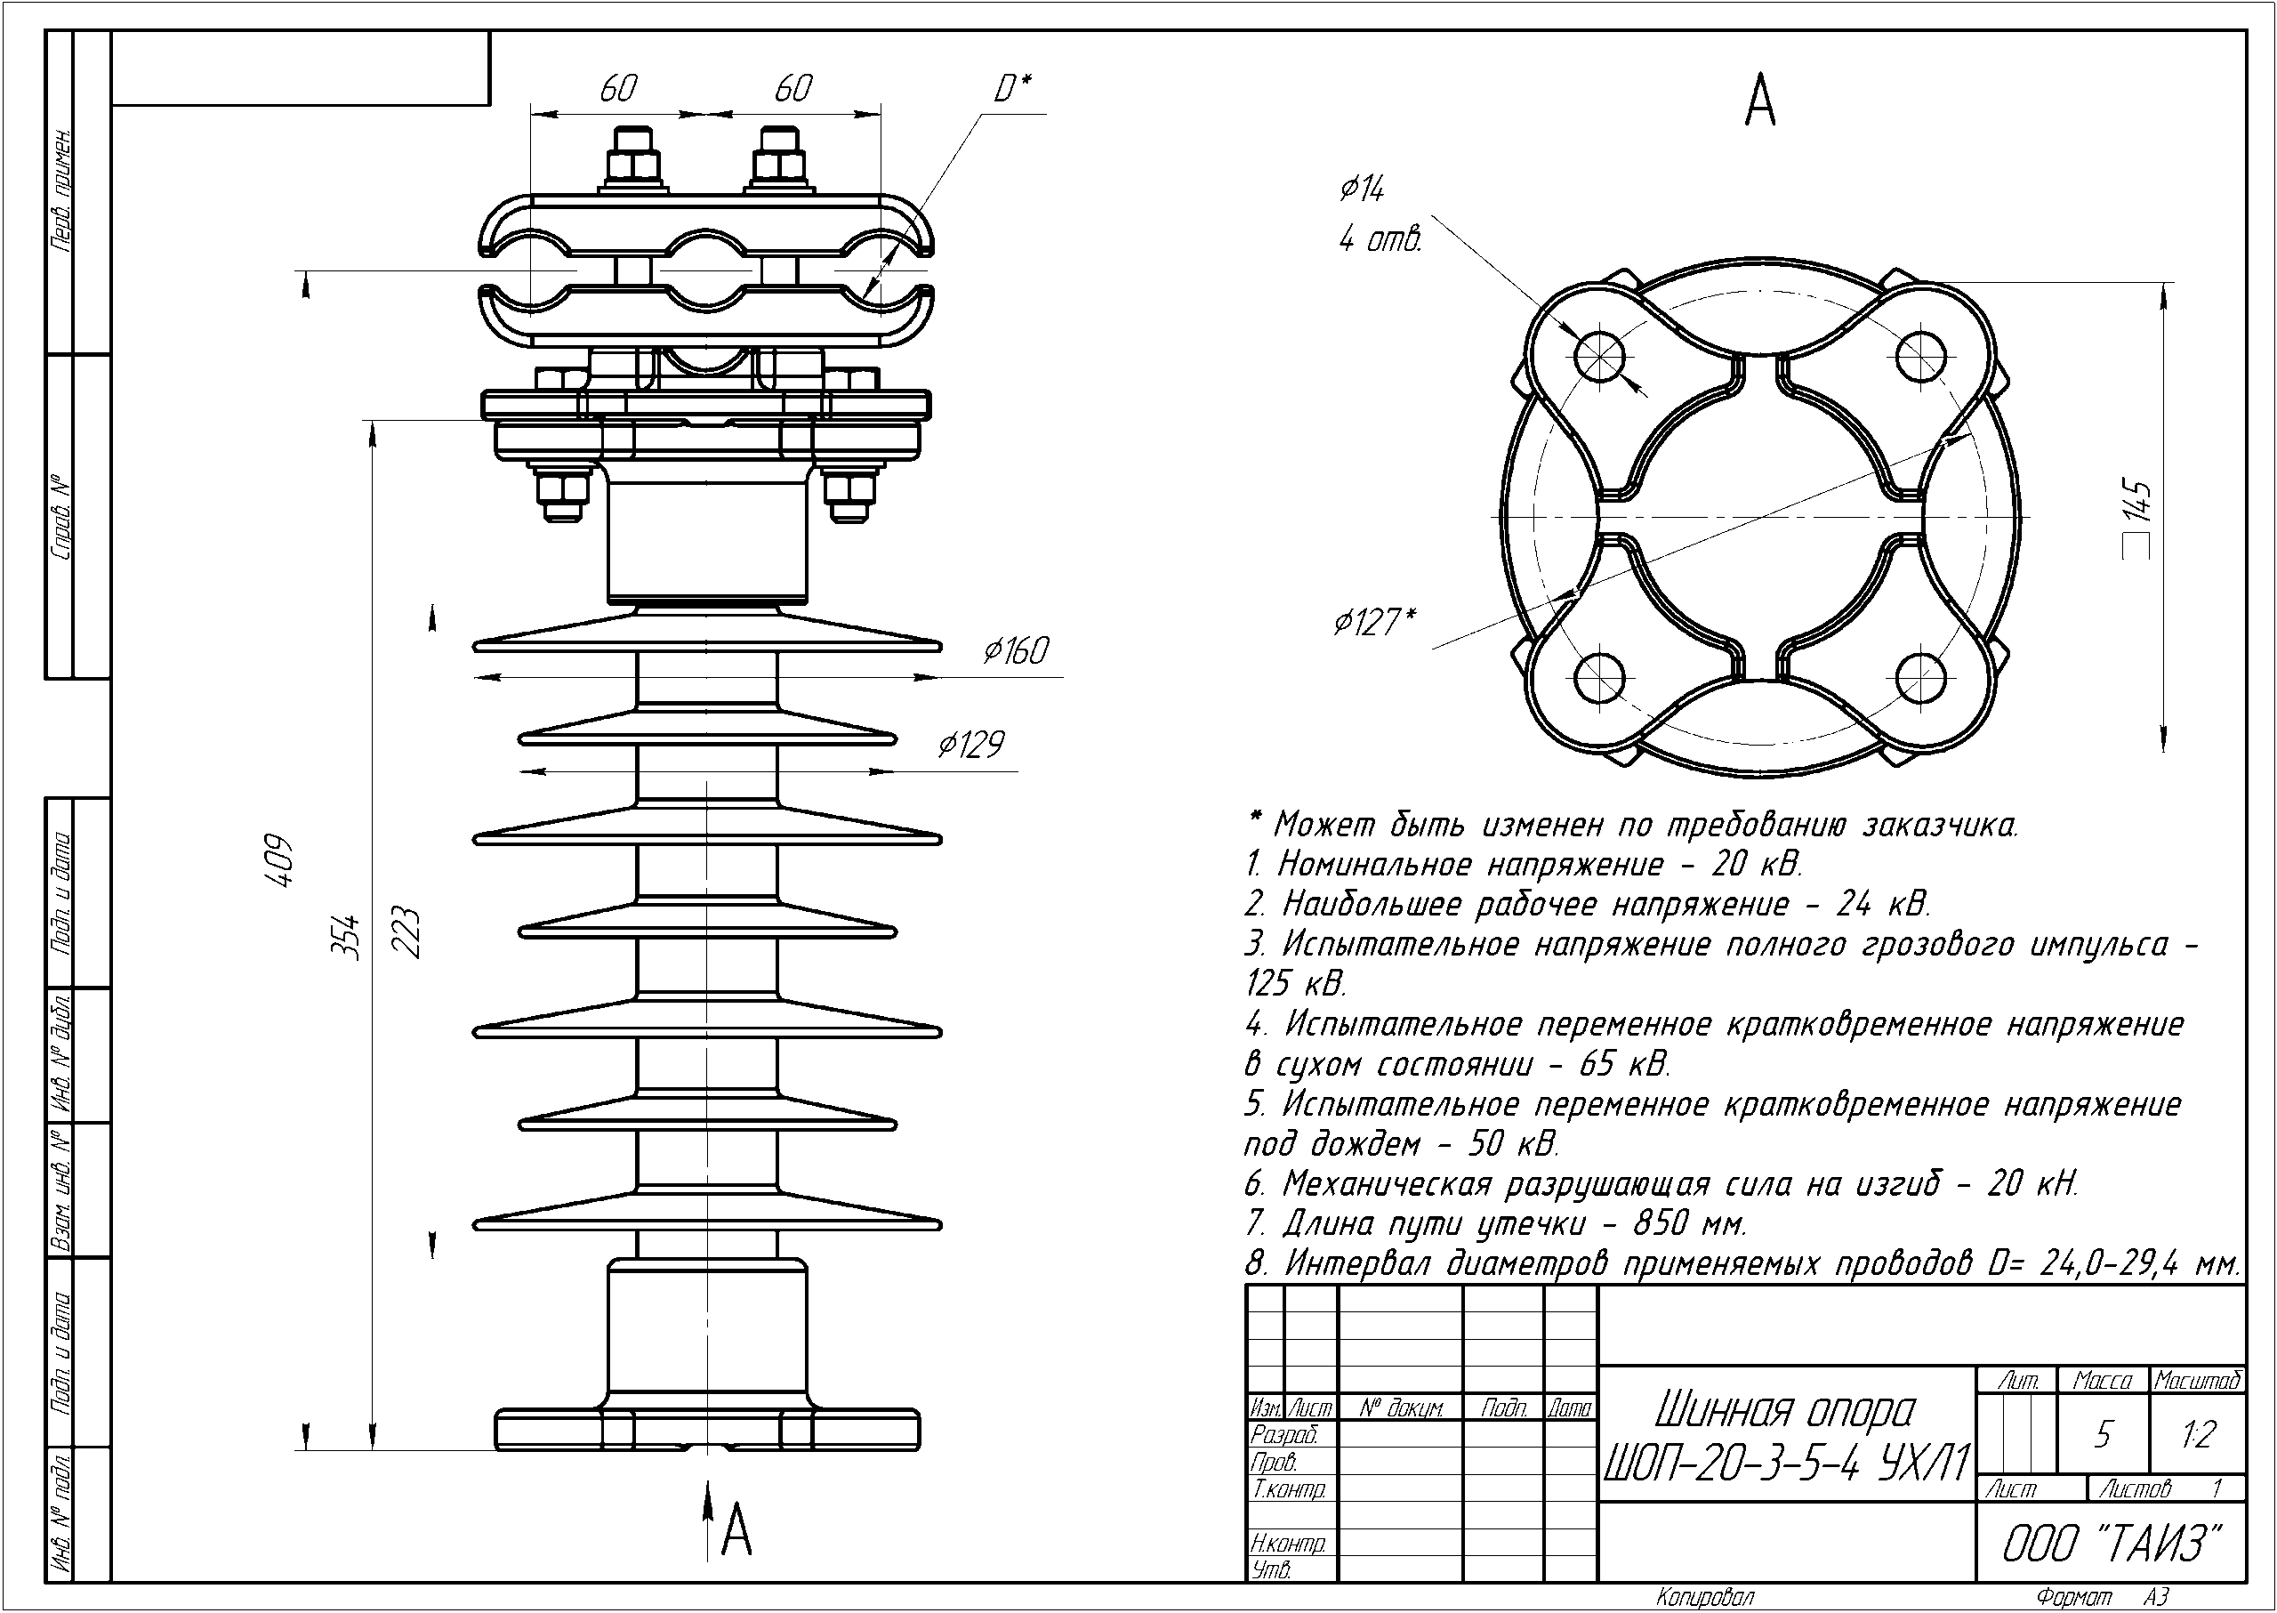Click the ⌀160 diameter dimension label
coord(1016,650)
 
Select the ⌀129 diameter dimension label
coord(971,744)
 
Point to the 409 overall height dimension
coord(283,859)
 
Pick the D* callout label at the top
coord(1013,89)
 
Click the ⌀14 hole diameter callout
coord(1362,189)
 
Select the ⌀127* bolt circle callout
coord(1374,623)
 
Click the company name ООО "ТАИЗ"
coord(2110,1544)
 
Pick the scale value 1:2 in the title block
coord(2199,1434)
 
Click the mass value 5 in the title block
coord(2103,1435)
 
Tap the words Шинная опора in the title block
coord(1783,1409)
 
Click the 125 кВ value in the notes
coord(1295,983)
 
